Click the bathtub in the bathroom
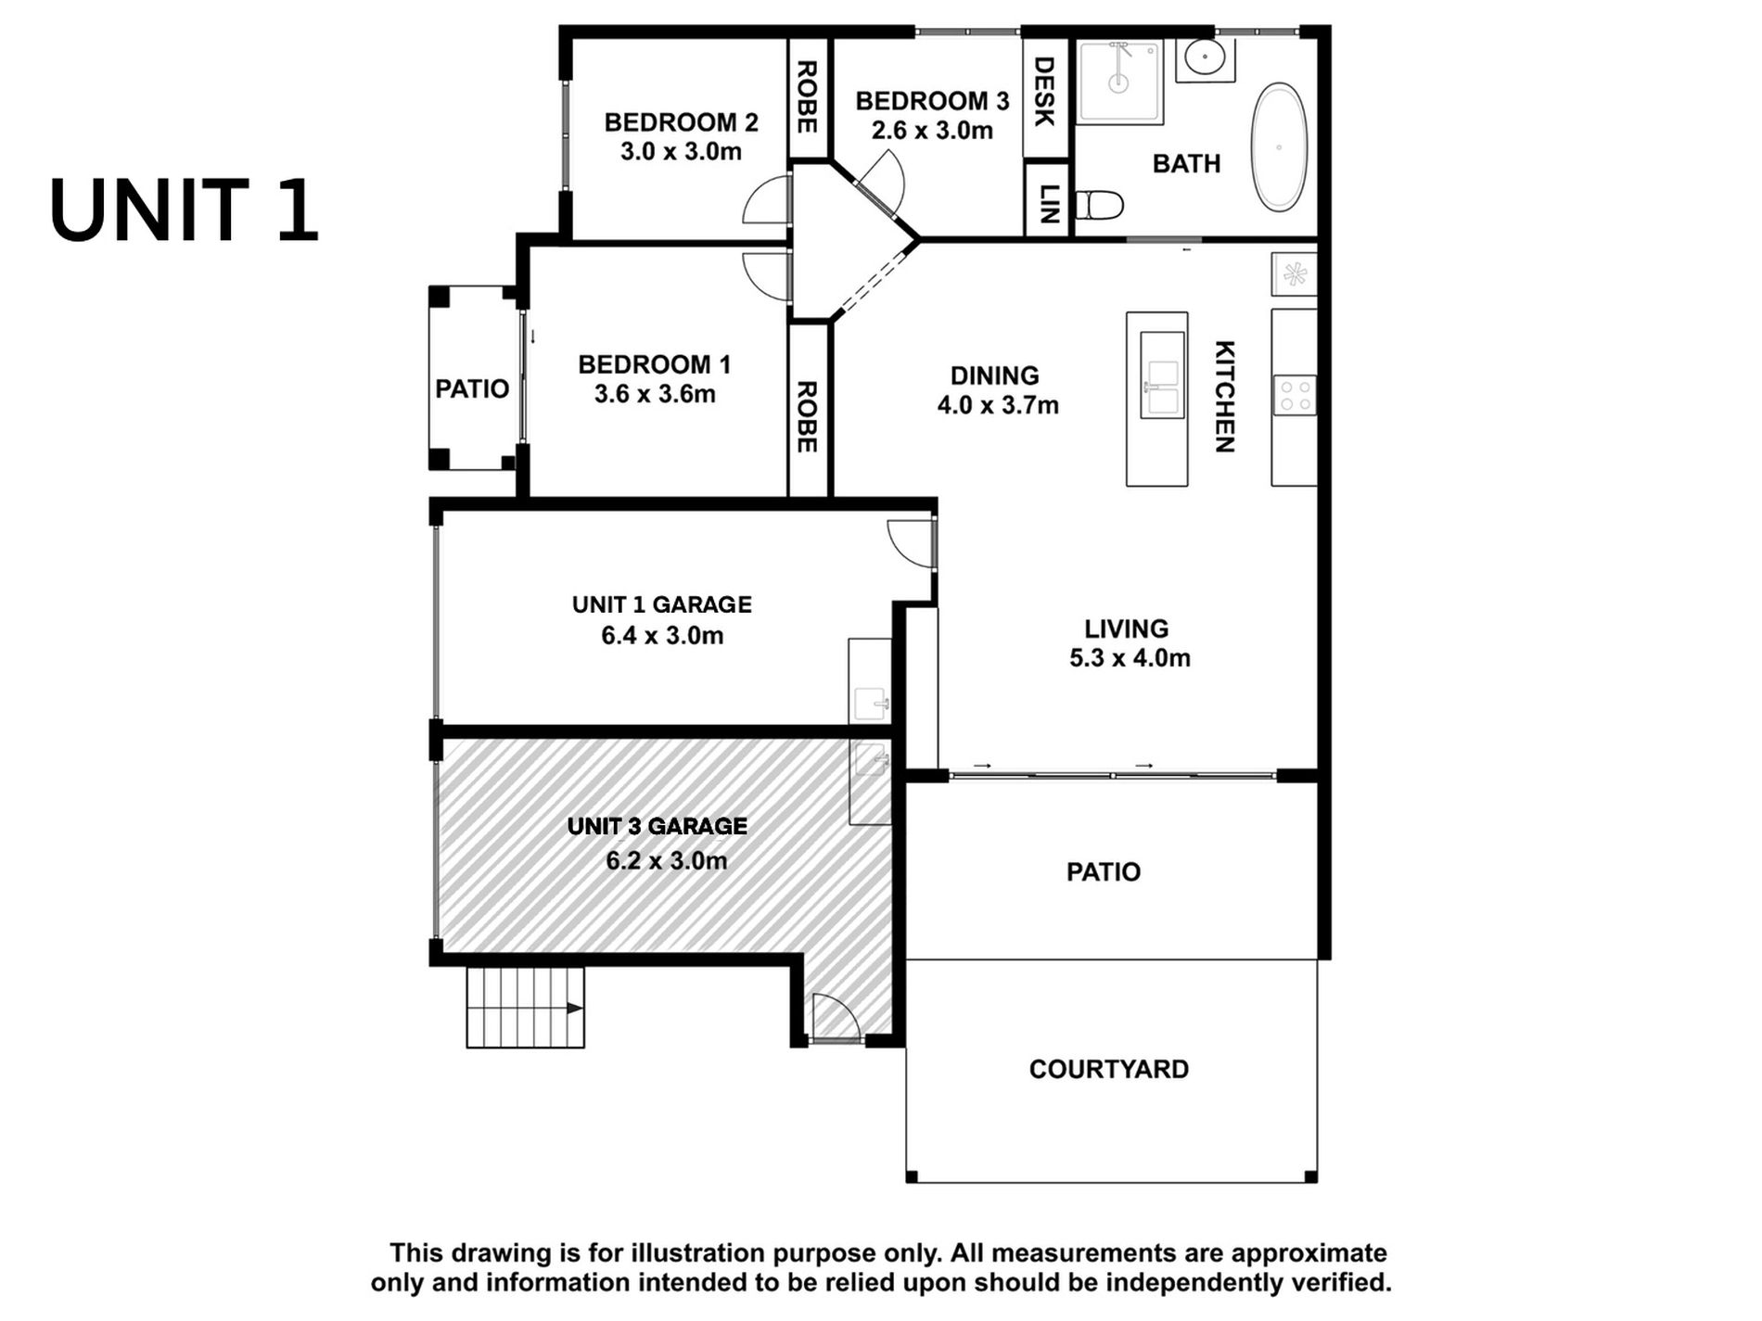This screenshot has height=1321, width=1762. coord(1280,147)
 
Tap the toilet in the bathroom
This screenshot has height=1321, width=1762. coord(1100,205)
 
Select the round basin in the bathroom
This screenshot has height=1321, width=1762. coord(1205,60)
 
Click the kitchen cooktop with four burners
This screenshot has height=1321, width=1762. coord(1294,395)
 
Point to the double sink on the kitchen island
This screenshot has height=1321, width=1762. coord(1162,375)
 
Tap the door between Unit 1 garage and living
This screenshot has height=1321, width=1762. coord(913,544)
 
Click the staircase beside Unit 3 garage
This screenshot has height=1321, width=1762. coord(525,1008)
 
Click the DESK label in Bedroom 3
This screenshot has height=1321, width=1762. coord(1044,92)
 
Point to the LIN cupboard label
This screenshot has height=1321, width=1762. coord(1048,204)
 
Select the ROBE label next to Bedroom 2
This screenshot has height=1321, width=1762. coord(807,97)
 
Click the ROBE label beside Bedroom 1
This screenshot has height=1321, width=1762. coord(807,417)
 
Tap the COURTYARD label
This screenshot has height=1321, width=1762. coord(1109,1070)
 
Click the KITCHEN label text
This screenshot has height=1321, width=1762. coord(1225,397)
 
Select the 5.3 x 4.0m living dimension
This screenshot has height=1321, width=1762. coord(1130,658)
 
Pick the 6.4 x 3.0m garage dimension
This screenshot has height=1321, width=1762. coord(662,636)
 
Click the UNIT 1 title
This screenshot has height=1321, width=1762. coord(185,211)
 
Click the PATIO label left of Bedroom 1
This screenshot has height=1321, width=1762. coord(472,389)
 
